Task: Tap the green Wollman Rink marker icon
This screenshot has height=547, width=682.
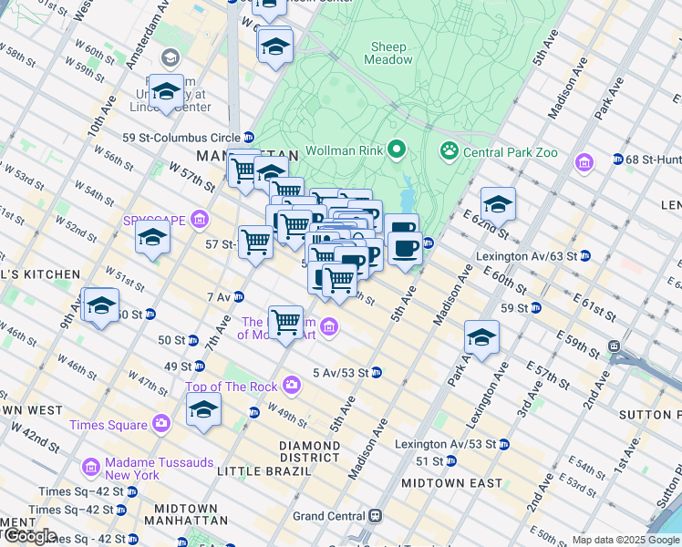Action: (398, 149)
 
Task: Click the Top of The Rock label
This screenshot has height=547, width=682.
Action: (232, 387)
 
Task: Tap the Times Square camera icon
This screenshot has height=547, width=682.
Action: (161, 423)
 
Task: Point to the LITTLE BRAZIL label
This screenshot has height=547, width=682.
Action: (256, 471)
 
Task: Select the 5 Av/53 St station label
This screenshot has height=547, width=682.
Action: (340, 373)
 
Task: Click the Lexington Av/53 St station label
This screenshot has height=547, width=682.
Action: (445, 443)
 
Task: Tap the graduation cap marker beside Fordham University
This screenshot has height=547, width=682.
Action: (166, 91)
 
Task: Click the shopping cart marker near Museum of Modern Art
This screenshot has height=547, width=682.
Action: (286, 322)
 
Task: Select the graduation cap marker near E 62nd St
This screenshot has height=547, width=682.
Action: (498, 204)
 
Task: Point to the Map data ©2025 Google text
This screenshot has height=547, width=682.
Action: (625, 540)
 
